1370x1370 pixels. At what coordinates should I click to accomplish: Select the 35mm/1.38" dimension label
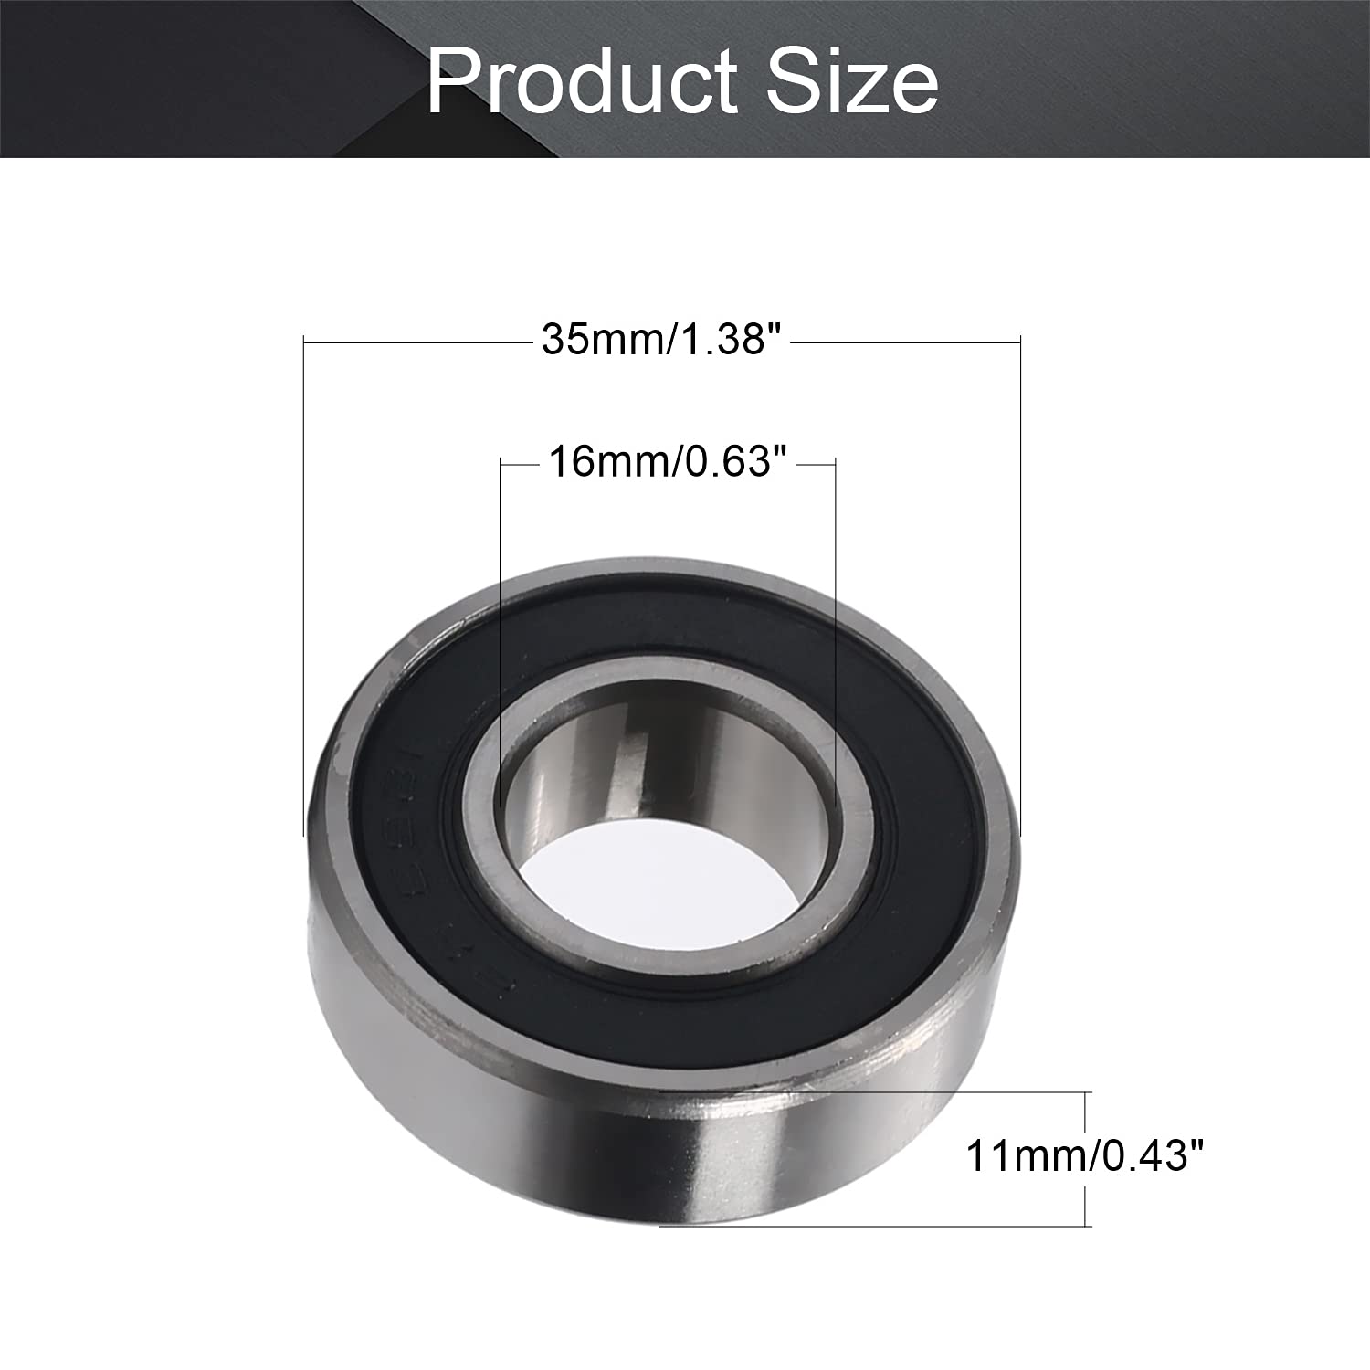point(664,341)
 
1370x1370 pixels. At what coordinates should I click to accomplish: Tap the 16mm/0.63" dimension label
point(667,463)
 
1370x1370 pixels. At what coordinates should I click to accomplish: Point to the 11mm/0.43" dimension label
point(1086,1157)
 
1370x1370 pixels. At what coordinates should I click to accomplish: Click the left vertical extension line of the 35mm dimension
point(303,585)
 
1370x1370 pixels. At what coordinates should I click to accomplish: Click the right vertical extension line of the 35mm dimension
point(1019,585)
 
